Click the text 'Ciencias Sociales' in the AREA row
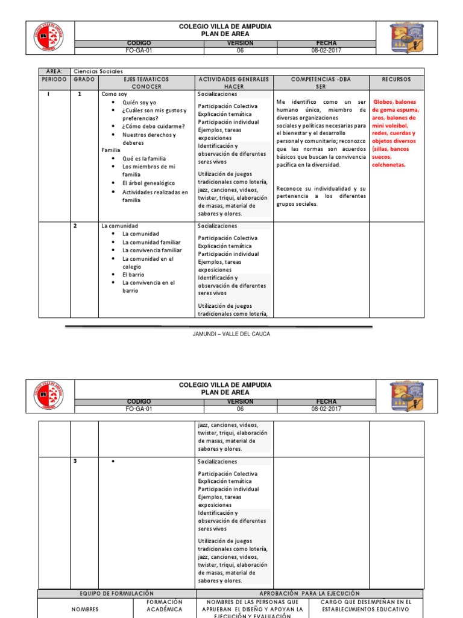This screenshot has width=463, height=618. [x=98, y=71]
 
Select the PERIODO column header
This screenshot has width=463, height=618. [x=54, y=79]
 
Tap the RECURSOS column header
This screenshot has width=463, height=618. [x=396, y=79]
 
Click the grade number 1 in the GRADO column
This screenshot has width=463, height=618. [x=80, y=94]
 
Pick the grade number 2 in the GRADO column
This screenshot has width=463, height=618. [x=75, y=226]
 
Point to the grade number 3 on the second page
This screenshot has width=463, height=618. [x=75, y=462]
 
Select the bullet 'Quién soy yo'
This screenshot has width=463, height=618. [x=139, y=103]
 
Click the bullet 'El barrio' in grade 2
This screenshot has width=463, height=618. [x=133, y=274]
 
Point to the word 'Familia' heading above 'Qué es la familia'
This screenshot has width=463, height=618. [x=111, y=150]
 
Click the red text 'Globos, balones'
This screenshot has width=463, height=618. [x=397, y=102]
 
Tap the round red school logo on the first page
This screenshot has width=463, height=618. [x=48, y=38]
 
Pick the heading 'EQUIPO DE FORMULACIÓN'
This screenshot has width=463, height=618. [x=116, y=594]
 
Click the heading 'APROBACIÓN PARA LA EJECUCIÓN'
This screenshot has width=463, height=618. [x=309, y=594]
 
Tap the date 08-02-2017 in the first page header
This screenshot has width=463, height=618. [x=327, y=51]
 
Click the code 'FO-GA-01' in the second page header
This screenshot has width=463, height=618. [x=139, y=409]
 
